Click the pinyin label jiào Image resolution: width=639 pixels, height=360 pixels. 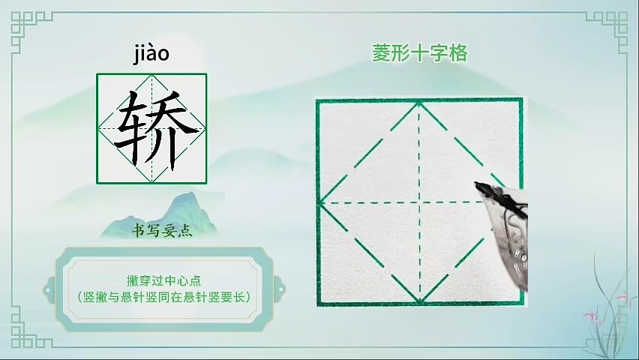coord(151,54)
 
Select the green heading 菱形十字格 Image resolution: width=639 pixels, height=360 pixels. coord(419,53)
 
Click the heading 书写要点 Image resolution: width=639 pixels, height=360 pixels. coord(162,231)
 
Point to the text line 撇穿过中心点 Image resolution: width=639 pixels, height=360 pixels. coord(163,280)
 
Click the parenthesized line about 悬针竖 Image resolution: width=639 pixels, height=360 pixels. coord(163,297)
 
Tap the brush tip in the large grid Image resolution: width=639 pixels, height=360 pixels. coord(476,184)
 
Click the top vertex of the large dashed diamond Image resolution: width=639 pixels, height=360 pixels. coord(419,103)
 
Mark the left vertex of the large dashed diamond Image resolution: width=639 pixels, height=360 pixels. coord(320,202)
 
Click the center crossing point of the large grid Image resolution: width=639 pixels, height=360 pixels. coord(419,202)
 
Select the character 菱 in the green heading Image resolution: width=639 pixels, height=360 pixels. coord(381,53)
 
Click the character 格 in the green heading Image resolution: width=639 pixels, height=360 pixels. coord(458,53)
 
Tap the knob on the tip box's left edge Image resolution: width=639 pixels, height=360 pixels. coord(49,290)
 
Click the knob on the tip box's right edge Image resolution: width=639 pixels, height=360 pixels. coord(280,290)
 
